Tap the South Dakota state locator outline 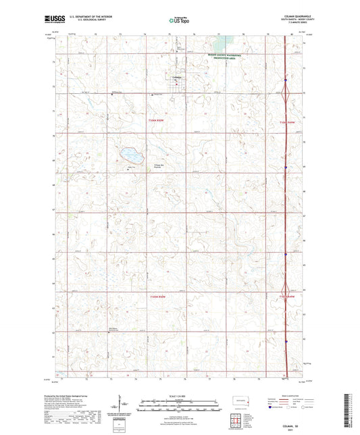(x=238, y=401)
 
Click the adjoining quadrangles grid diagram (x=238, y=421)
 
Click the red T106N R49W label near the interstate (x=288, y=122)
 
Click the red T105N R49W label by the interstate (x=288, y=297)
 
